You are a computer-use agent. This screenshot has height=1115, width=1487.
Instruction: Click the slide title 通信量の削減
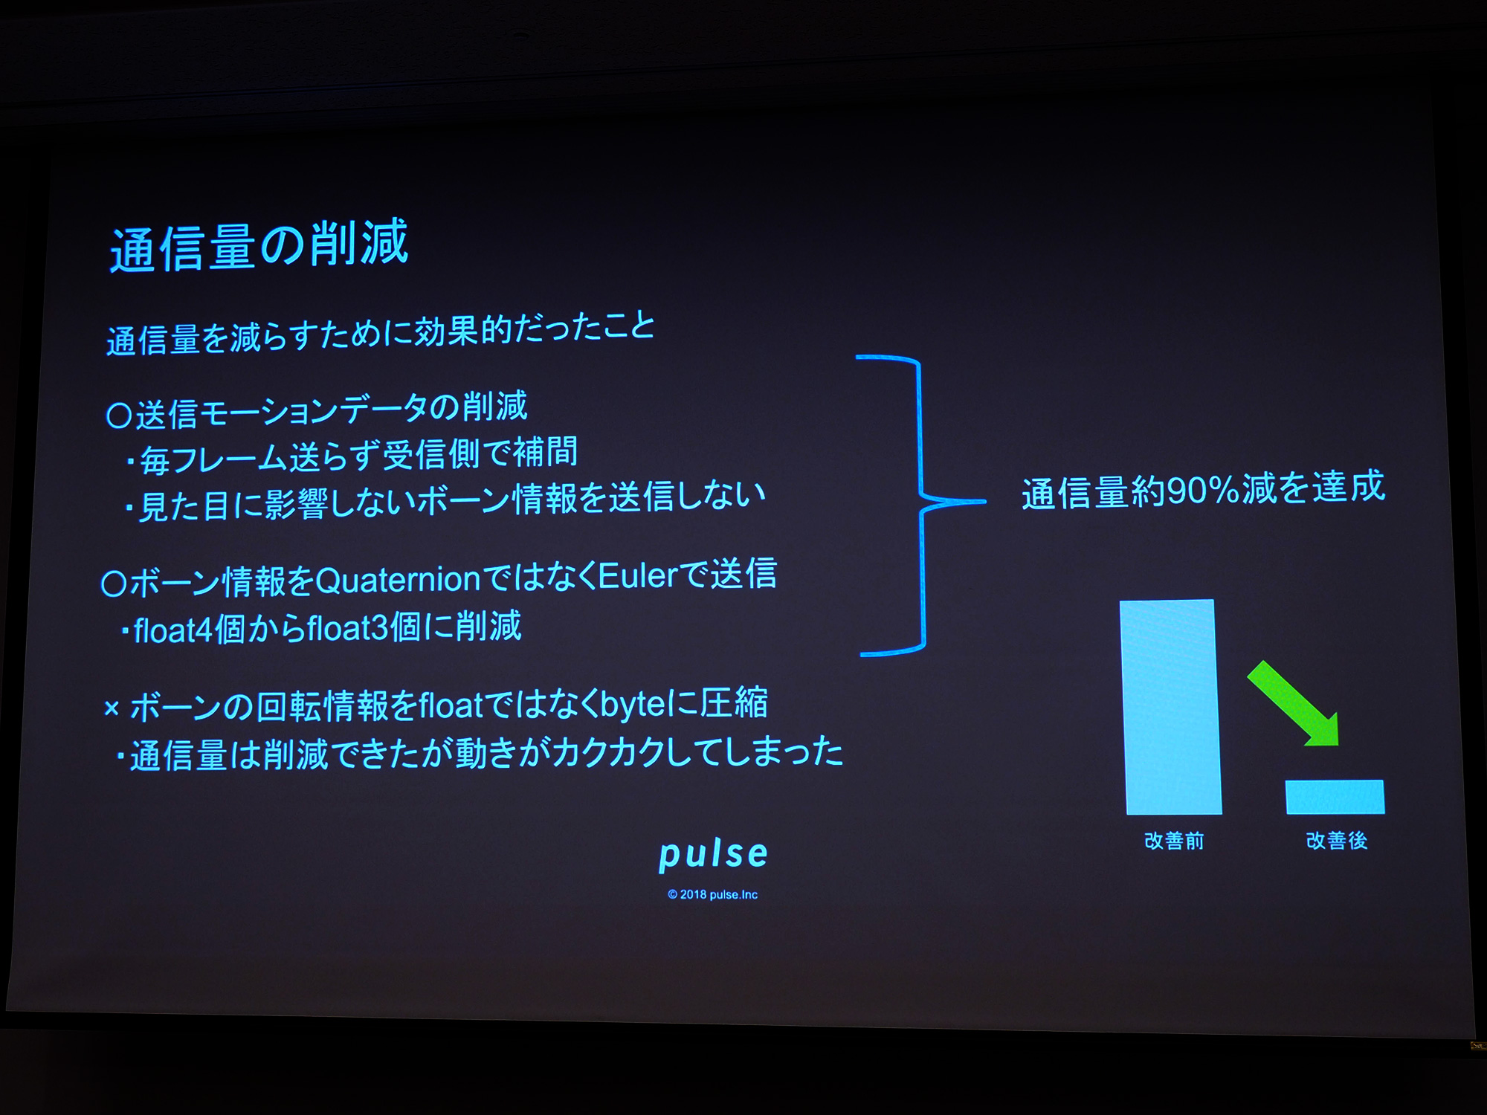click(x=259, y=245)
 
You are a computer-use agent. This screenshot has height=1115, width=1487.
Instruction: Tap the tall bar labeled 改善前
click(x=1171, y=706)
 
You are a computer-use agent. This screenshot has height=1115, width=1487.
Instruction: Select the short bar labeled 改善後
click(x=1335, y=797)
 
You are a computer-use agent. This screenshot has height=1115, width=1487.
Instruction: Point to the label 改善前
click(x=1174, y=841)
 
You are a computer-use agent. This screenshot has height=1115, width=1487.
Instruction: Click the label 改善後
click(x=1337, y=841)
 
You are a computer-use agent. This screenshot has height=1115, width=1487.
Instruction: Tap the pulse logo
click(x=713, y=854)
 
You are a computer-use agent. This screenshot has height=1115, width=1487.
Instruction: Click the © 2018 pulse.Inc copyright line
click(x=712, y=894)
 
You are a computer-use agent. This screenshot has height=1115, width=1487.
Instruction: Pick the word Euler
click(x=638, y=576)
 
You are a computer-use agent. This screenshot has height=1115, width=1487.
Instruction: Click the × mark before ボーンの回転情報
click(x=112, y=708)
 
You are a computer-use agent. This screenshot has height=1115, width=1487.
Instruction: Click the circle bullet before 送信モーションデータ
click(x=119, y=416)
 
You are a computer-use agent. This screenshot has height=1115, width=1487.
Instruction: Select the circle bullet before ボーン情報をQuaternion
click(x=114, y=584)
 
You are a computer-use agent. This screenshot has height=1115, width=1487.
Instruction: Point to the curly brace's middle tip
click(x=984, y=502)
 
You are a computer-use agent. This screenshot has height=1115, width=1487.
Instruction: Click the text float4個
click(x=189, y=630)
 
